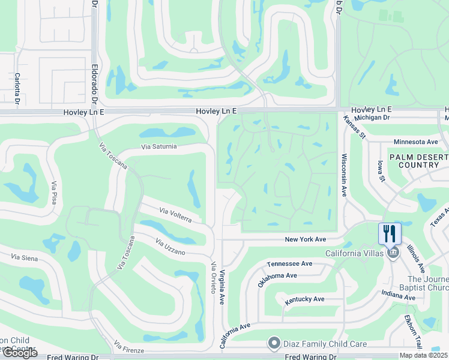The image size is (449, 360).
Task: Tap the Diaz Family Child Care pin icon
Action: (x=274, y=343)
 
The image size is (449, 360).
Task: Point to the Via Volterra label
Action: (x=175, y=215)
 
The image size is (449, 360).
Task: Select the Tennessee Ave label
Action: (x=290, y=263)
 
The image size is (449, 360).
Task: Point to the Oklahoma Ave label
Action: (x=277, y=279)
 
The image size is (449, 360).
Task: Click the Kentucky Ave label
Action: (x=305, y=299)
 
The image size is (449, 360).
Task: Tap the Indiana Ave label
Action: (x=399, y=295)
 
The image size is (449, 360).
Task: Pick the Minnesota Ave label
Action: (x=416, y=142)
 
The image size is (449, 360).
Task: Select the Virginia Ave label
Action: (x=221, y=286)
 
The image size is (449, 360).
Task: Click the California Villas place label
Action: (x=355, y=253)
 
